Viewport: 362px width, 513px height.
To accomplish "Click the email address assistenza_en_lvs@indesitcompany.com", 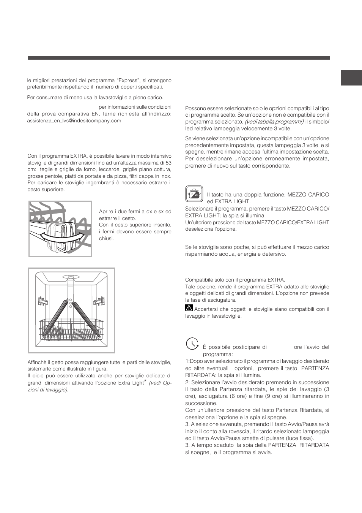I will [x=74, y=121].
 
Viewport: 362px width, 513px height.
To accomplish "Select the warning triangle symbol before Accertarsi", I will [x=189, y=308].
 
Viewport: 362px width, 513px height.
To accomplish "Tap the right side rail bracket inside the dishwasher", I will [x=101, y=301].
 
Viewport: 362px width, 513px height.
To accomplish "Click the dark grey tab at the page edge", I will [x=351, y=78].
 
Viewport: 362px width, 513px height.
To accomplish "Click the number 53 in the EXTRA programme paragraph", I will [x=168, y=163].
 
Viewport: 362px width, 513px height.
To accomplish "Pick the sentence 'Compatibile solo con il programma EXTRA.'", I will [x=235, y=280].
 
